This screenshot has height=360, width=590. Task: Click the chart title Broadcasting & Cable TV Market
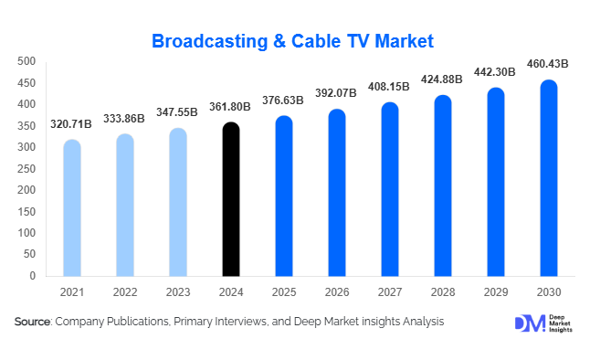click(x=292, y=41)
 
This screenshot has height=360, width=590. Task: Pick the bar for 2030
click(x=549, y=177)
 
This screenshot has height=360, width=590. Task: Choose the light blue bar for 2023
click(x=178, y=202)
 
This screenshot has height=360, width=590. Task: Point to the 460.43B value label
click(x=549, y=64)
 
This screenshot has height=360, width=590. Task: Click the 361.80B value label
click(x=232, y=107)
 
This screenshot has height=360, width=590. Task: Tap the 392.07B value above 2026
click(x=337, y=92)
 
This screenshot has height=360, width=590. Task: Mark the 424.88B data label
click(x=443, y=78)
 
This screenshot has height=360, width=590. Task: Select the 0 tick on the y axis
click(x=32, y=275)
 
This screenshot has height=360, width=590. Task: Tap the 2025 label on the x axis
click(x=284, y=291)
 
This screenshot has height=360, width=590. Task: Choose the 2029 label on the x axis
click(x=496, y=291)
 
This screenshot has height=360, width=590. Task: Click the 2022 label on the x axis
click(x=125, y=291)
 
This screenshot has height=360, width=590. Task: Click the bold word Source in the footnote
click(x=33, y=322)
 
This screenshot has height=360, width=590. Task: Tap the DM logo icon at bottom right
click(x=527, y=323)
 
